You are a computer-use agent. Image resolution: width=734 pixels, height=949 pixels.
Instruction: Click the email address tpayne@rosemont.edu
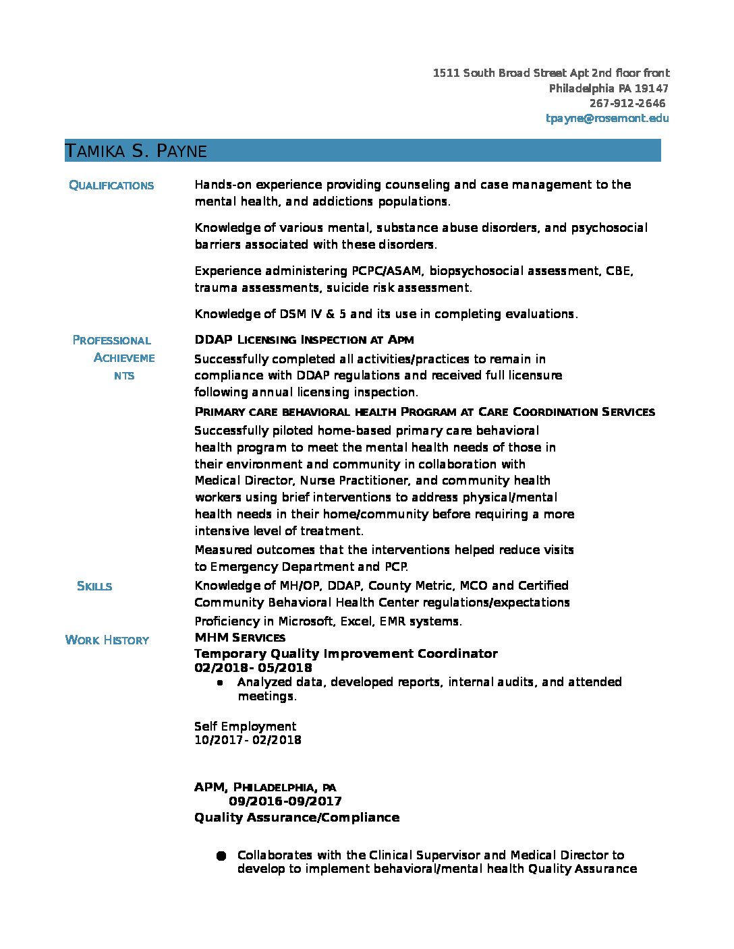607,119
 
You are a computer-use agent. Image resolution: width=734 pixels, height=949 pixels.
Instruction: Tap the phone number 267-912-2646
627,104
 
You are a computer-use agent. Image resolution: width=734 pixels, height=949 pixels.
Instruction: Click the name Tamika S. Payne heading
136,151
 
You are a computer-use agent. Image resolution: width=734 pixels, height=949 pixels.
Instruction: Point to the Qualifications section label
111,185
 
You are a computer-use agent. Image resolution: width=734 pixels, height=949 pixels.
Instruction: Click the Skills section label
94,586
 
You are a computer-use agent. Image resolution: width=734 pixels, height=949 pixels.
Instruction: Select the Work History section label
107,640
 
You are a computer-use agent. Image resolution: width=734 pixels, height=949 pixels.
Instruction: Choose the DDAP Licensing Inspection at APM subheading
304,340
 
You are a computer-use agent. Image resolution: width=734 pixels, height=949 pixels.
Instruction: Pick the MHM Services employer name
239,638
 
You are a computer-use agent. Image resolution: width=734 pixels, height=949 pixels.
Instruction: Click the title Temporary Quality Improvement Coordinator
345,654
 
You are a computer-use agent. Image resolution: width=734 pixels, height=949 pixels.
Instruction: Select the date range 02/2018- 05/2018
253,668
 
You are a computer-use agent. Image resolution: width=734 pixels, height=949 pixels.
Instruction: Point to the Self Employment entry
245,727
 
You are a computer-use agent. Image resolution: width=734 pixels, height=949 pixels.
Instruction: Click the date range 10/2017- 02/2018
248,740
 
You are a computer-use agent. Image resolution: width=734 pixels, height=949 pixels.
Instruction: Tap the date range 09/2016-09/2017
285,801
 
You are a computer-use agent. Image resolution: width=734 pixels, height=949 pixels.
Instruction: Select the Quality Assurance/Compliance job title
297,818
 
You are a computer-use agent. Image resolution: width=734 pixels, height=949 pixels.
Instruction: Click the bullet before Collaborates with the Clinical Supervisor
221,856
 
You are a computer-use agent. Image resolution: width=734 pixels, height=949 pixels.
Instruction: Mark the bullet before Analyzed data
221,683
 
